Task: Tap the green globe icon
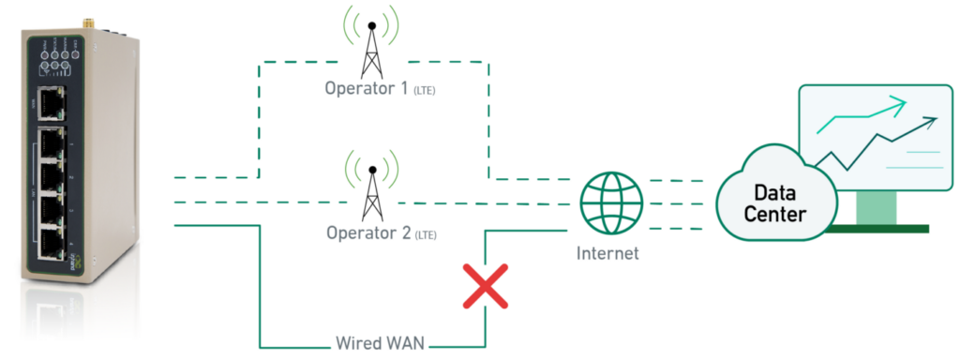coord(611,202)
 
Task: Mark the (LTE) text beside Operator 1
coord(424,92)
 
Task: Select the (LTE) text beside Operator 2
coord(425,232)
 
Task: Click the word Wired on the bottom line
coord(357,343)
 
